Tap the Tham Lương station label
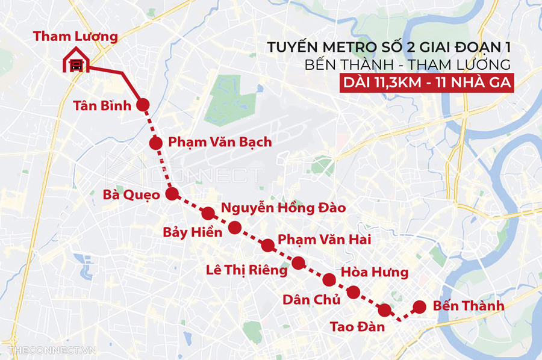[x=75, y=36]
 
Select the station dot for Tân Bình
[x=143, y=105]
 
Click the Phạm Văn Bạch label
[x=220, y=142]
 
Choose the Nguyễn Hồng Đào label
[x=283, y=208]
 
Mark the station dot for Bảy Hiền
[x=235, y=228]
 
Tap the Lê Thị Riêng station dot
[x=298, y=262]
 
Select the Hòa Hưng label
[x=375, y=273]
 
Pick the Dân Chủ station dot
[x=354, y=293]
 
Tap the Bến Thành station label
[x=469, y=306]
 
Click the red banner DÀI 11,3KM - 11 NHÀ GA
[x=427, y=83]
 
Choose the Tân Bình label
[x=102, y=107]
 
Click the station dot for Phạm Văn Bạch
[x=156, y=143]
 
